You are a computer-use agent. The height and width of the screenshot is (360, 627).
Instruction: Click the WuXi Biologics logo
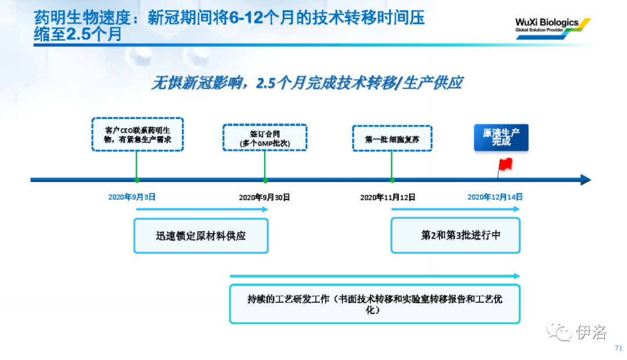[x=553, y=28]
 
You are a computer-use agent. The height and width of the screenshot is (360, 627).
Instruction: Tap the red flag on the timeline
[x=506, y=164]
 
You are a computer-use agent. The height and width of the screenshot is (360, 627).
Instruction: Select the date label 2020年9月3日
[x=132, y=197]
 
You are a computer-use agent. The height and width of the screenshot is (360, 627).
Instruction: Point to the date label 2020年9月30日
[x=264, y=197]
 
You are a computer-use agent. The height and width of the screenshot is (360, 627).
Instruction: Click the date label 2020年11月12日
[x=387, y=197]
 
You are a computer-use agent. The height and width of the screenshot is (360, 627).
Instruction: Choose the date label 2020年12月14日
[x=495, y=197]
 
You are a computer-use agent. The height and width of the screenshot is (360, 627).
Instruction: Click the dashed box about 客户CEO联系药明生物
[x=138, y=134]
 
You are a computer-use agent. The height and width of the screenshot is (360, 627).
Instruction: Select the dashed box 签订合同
[x=265, y=138]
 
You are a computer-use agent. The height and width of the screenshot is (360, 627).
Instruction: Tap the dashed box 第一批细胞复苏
[x=392, y=138]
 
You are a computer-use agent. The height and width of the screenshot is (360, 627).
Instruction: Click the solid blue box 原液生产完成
[x=501, y=138]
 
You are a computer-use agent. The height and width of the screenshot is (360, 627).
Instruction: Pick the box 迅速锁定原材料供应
[x=201, y=236]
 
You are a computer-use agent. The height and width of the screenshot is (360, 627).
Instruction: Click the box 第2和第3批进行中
[x=456, y=235]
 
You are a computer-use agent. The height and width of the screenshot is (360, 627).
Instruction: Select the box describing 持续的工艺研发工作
[x=374, y=304]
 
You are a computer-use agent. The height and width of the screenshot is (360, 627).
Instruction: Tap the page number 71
[x=618, y=348]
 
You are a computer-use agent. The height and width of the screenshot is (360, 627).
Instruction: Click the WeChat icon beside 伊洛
[x=560, y=331]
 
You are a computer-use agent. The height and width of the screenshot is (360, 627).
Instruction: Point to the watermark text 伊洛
[x=592, y=332]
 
